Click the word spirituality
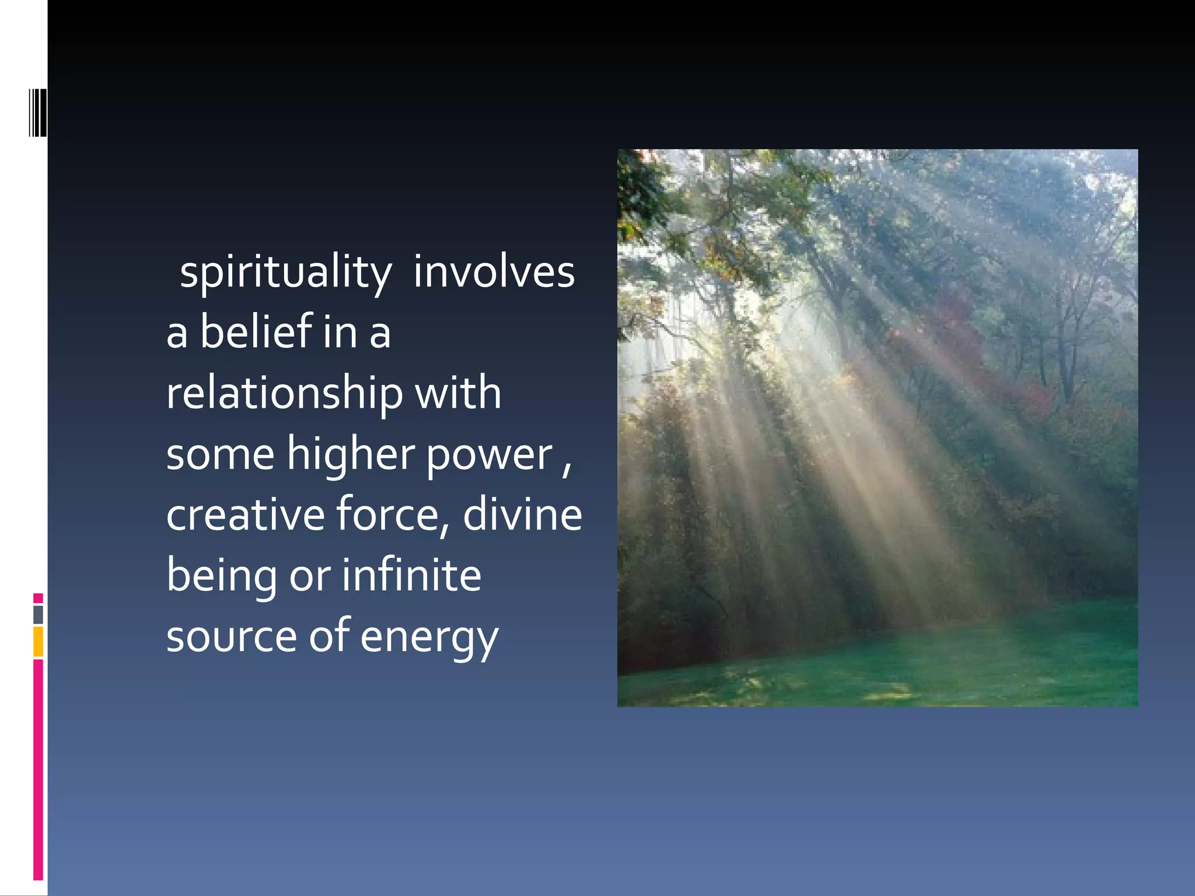click(x=285, y=272)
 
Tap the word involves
click(x=494, y=272)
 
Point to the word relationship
click(x=284, y=393)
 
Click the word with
click(x=457, y=393)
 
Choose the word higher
click(x=351, y=454)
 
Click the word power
click(x=489, y=456)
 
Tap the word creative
click(x=245, y=514)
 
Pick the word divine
click(x=522, y=514)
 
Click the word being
click(x=222, y=576)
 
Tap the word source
click(x=231, y=636)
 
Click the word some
click(x=220, y=454)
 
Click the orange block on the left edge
click(x=38, y=642)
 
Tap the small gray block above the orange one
click(x=38, y=615)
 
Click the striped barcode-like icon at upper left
click(x=37, y=113)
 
